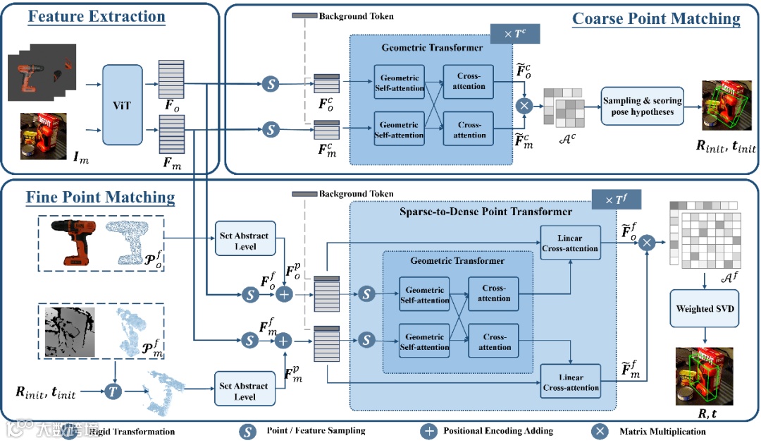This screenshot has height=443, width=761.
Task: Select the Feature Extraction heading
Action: coord(97,16)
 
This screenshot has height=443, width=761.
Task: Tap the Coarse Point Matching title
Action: coord(656,18)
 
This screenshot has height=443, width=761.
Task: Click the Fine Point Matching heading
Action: coord(100,197)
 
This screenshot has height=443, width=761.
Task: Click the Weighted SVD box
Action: coord(704,309)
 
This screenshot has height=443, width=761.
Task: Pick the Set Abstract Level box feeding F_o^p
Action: coord(245,241)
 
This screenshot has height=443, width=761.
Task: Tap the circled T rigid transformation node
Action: coord(113,389)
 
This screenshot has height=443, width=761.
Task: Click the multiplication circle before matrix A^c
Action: coord(524,107)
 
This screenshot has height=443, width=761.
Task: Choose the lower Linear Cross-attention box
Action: coord(571,382)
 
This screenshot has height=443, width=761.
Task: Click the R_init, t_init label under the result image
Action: coord(726,147)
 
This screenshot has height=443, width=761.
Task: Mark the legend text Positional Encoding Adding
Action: coord(498,431)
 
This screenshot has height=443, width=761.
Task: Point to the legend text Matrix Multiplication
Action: coord(662,431)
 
